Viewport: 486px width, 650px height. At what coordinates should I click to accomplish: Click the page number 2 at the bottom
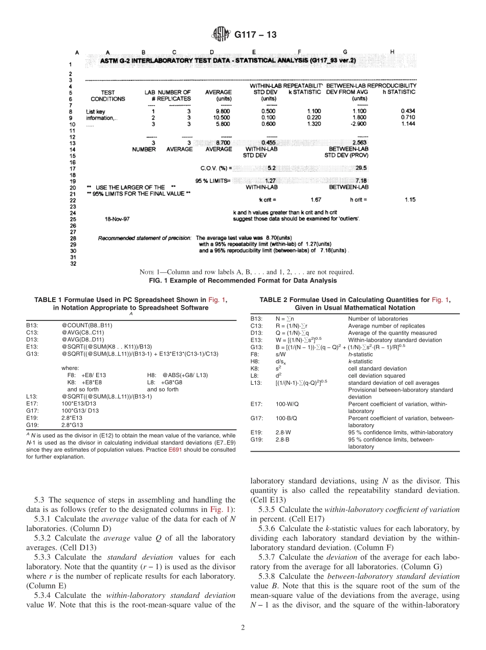[242, 628]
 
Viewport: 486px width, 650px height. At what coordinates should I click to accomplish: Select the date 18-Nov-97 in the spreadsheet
[117, 218]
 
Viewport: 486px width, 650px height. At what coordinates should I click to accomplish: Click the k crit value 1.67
[316, 200]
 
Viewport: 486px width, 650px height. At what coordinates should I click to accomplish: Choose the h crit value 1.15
[409, 200]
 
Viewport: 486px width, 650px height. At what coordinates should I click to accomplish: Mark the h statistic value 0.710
[408, 117]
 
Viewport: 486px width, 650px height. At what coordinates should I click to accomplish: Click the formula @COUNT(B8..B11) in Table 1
[87, 325]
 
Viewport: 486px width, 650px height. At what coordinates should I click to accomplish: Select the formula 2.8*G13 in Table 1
[72, 424]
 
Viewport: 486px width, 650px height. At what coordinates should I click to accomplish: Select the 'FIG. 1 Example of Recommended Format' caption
[242, 280]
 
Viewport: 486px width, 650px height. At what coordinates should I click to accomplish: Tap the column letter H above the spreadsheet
[392, 52]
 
